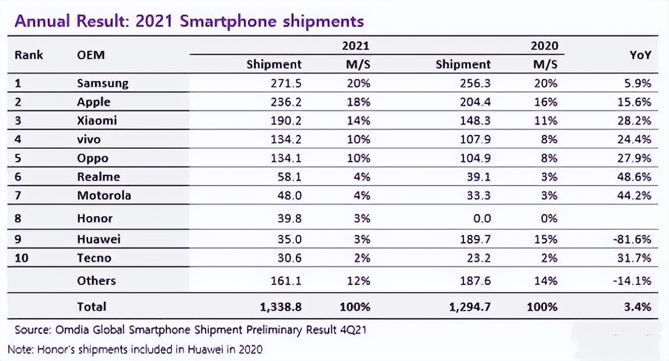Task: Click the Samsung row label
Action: pos(103,83)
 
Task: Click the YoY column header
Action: pos(640,55)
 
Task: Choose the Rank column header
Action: pos(29,55)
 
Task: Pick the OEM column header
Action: pos(91,55)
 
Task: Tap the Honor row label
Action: pos(95,218)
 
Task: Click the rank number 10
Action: pos(22,258)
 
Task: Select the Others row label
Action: pos(96,281)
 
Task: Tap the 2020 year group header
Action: pos(544,46)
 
